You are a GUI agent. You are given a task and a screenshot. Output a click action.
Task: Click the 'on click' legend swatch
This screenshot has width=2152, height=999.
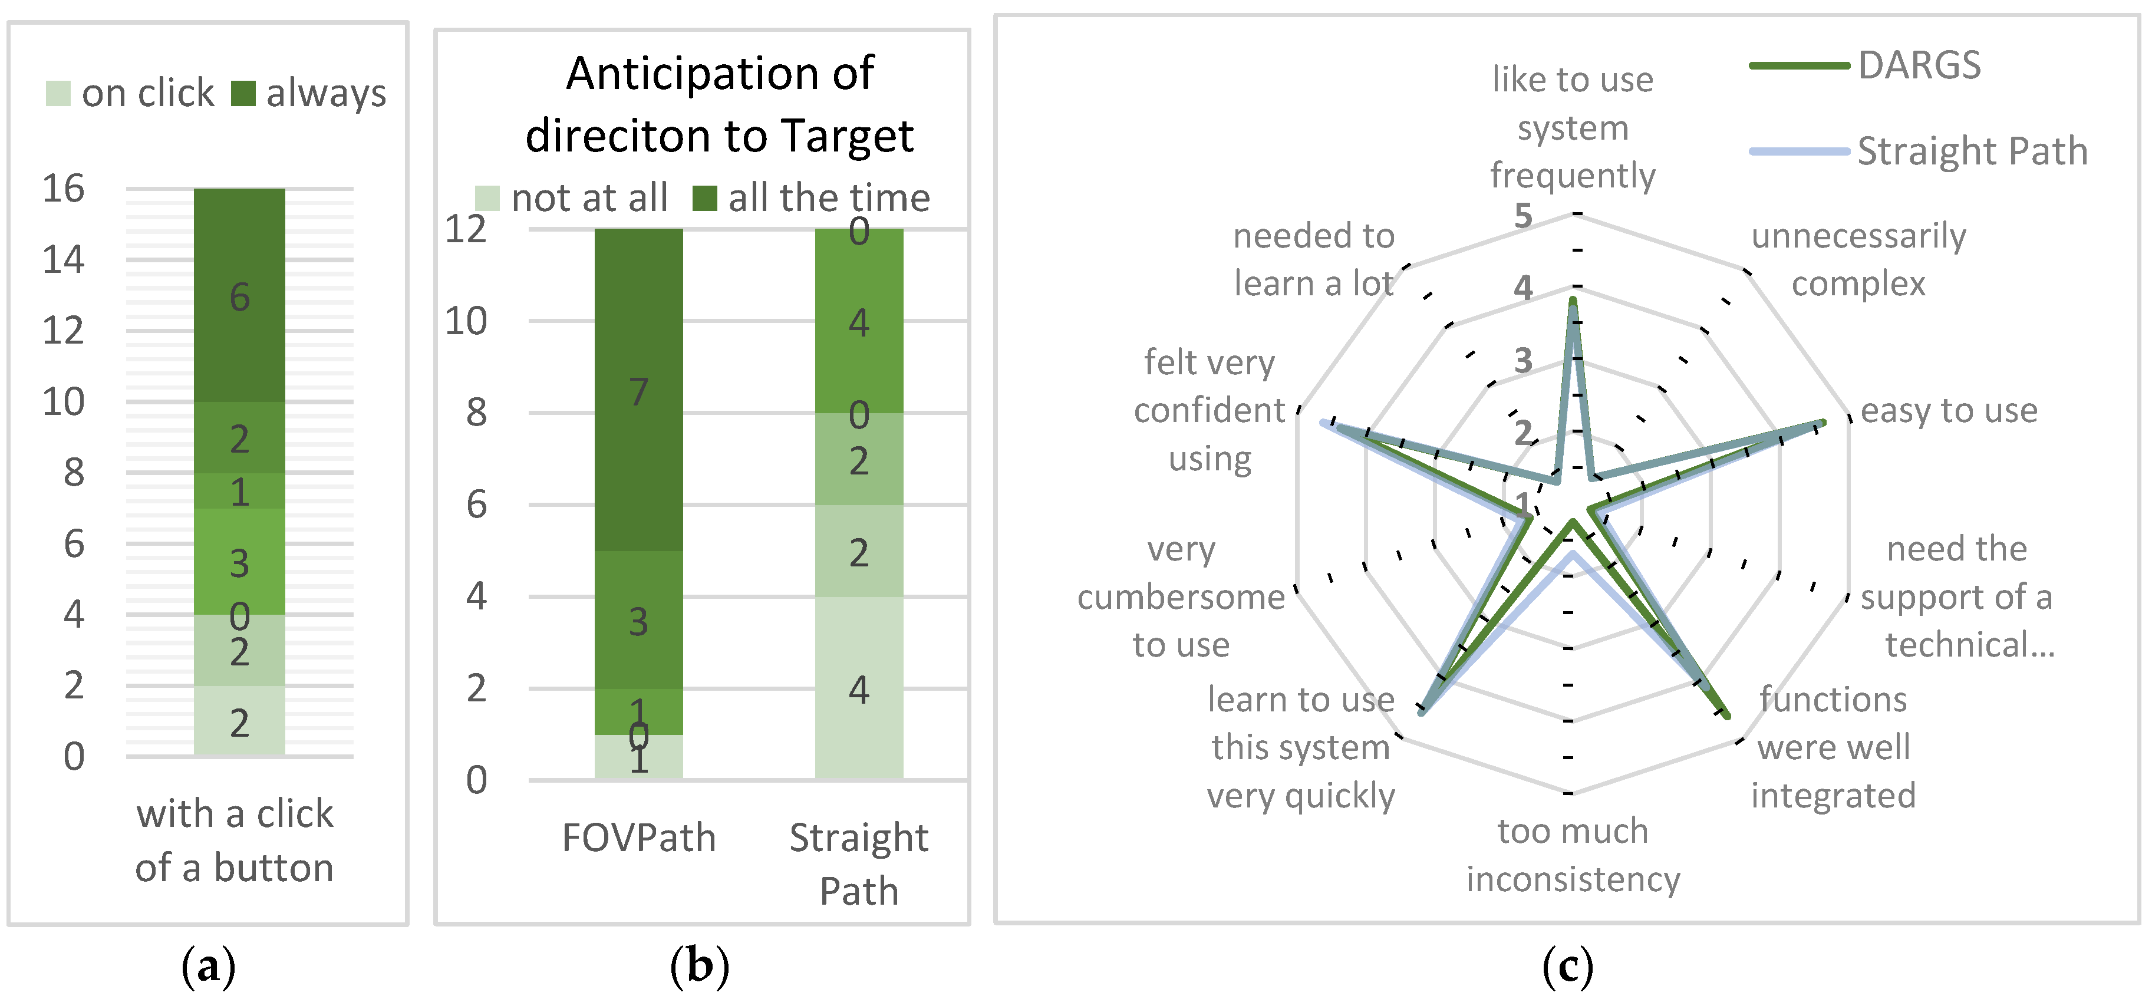pos(58,94)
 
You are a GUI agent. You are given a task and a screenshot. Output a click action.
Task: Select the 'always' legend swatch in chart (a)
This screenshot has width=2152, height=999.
pos(242,94)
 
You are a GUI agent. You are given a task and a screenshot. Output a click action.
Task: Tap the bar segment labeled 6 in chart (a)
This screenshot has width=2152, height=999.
pos(240,296)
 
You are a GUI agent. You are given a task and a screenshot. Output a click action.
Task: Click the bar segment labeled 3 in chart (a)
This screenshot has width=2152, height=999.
pos(240,562)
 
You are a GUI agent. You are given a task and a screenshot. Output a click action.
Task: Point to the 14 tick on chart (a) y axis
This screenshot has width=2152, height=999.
pos(64,260)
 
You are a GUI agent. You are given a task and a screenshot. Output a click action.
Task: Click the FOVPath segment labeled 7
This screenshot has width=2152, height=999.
pos(638,390)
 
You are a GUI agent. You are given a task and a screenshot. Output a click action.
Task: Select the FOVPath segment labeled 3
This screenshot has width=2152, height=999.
pos(638,621)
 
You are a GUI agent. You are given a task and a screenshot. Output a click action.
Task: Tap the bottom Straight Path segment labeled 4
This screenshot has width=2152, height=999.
pos(859,688)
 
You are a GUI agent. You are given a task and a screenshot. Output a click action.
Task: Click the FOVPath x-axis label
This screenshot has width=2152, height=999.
pos(638,838)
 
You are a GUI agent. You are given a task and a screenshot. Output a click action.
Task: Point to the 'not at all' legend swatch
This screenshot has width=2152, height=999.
pos(487,199)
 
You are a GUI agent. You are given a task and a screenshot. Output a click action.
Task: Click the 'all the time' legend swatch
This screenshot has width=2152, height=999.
pos(705,199)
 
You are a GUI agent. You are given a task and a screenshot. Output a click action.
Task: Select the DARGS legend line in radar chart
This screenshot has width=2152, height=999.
pos(1798,65)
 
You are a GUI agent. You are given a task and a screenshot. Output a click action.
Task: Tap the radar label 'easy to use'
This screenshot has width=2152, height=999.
pos(1949,410)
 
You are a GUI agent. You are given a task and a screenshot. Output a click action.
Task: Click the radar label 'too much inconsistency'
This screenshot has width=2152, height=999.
pos(1573,855)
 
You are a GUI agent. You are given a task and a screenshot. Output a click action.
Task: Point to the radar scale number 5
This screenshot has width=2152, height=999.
pos(1524,216)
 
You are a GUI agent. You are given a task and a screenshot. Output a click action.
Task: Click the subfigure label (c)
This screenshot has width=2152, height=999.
pos(1567,967)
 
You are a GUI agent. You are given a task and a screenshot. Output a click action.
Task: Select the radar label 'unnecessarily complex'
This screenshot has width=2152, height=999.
pos(1859,260)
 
